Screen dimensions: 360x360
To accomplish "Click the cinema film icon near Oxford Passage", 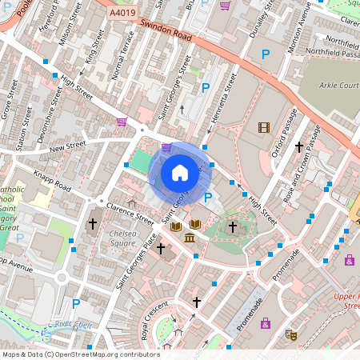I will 264,126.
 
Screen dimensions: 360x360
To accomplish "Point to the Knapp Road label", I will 53,183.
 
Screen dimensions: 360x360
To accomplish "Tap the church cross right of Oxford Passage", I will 299,147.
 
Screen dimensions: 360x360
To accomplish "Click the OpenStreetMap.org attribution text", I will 107,354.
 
